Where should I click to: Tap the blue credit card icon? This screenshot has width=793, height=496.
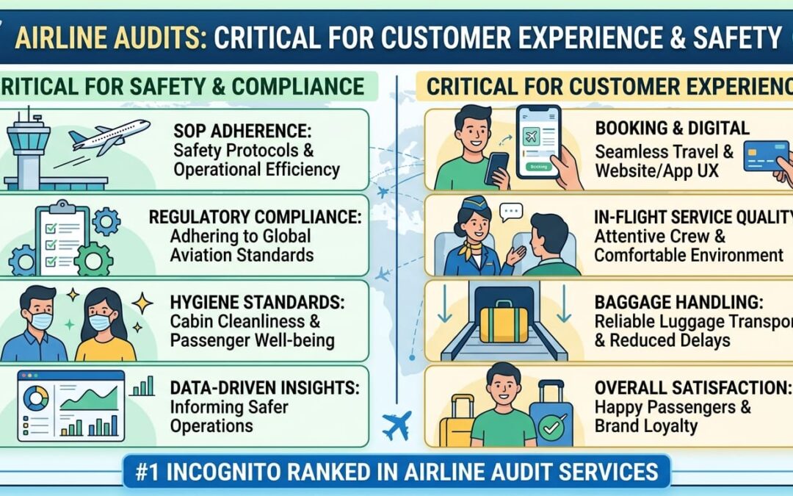click(765, 156)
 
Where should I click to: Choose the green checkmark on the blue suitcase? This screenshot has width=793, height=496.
click(551, 427)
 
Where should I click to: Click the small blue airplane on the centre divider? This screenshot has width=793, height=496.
click(396, 425)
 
